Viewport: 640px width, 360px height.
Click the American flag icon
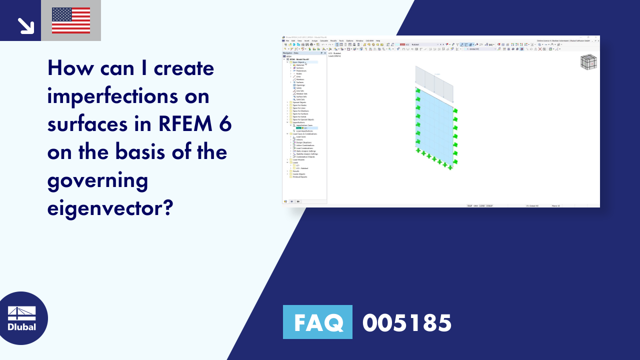click(71, 20)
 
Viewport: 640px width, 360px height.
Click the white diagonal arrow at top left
click(25, 25)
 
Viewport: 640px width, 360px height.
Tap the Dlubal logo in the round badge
click(22, 318)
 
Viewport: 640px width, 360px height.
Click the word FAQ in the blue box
click(317, 322)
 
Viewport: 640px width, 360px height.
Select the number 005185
click(407, 322)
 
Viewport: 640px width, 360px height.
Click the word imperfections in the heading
click(128, 96)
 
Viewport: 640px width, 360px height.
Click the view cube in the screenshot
click(588, 62)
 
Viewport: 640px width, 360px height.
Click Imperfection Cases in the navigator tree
click(304, 125)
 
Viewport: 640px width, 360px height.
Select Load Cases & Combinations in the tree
click(305, 133)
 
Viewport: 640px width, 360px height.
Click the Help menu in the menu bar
click(378, 40)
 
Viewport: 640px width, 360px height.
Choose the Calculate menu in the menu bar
click(323, 40)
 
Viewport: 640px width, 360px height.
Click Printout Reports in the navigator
click(300, 177)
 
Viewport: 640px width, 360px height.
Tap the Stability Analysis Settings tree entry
click(306, 154)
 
